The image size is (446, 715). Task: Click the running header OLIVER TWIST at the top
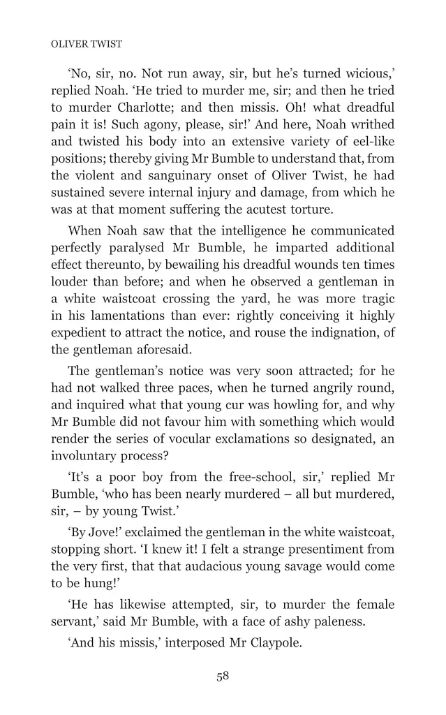click(x=87, y=44)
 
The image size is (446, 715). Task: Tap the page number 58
click(x=223, y=675)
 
